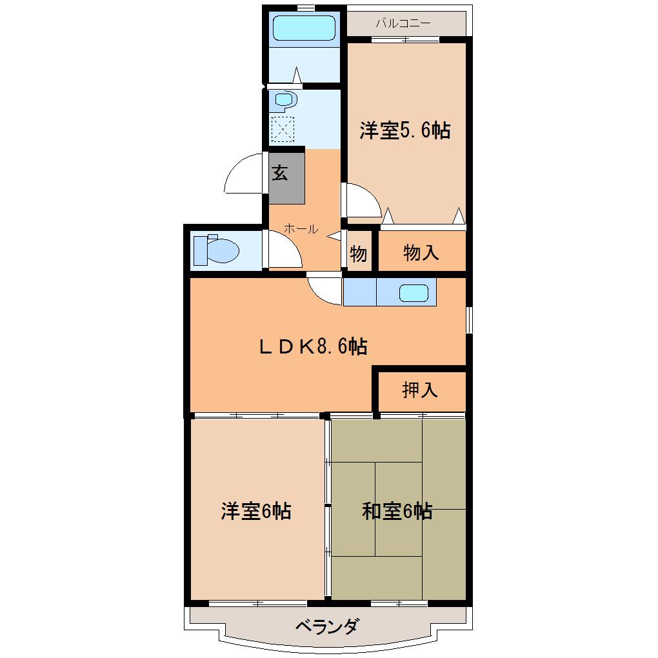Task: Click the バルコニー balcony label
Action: point(403,24)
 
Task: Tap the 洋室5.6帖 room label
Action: point(404,131)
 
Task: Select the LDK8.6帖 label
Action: point(314,347)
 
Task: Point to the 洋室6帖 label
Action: point(255,512)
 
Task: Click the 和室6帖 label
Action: point(397,512)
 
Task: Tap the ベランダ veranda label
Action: point(327,626)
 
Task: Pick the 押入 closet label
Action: point(420,390)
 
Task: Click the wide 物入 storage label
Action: point(421,252)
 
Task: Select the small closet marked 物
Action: point(358,254)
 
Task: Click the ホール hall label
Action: point(301,228)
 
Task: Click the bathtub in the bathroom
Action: point(303,28)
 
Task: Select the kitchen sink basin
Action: point(414,293)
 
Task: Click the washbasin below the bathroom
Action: point(284,99)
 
